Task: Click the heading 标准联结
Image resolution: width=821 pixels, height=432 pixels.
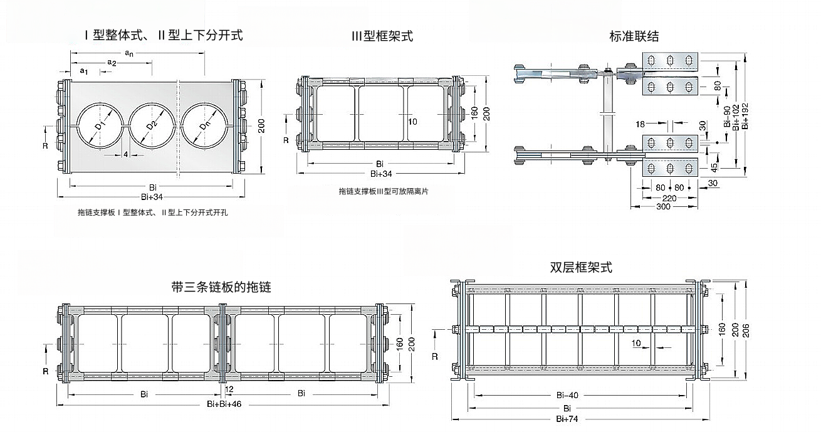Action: pos(634,36)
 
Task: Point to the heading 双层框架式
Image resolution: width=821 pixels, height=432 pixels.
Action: pos(581,267)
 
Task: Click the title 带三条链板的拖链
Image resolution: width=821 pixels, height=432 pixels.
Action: pos(221,287)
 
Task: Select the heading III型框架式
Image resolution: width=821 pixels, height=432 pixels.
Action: pos(382,36)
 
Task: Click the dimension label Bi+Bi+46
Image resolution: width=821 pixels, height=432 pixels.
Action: pos(224,404)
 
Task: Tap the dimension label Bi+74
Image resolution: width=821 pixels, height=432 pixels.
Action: pos(567,419)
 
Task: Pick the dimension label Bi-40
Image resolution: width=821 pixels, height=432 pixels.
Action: pos(567,395)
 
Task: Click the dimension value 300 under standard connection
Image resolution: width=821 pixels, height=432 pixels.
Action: pos(663,206)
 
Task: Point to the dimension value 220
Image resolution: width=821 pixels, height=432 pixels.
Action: pos(669,198)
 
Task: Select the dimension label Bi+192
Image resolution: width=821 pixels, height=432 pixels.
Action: pos(745,116)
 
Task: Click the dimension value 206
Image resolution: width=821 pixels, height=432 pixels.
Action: pos(746,330)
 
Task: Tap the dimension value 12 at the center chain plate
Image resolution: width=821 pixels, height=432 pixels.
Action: pos(229,389)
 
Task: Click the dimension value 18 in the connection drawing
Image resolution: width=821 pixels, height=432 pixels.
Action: pos(640,124)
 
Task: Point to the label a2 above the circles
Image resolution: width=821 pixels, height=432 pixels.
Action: pos(112,63)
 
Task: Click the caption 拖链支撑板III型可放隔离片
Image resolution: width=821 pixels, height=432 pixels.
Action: pos(384,191)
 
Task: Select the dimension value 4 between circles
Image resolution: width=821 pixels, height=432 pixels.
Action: pos(126,154)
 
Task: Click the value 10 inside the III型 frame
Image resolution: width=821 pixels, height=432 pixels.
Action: pos(413,122)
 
